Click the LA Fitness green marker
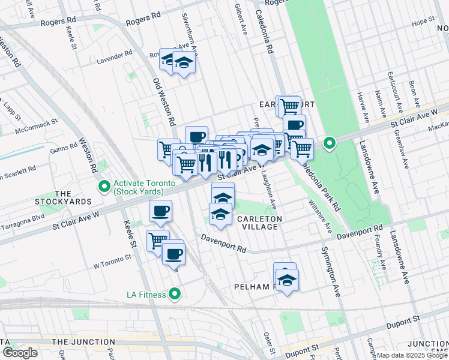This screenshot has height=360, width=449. pyautogui.click(x=175, y=293)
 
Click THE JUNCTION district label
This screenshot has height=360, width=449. pyautogui.click(x=82, y=342)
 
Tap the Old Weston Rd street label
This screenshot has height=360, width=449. pyautogui.click(x=164, y=102)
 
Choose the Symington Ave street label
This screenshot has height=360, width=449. pyautogui.click(x=330, y=272)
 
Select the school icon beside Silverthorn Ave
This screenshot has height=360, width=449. pyautogui.click(x=184, y=62)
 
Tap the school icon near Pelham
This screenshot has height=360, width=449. pyautogui.click(x=288, y=280)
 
